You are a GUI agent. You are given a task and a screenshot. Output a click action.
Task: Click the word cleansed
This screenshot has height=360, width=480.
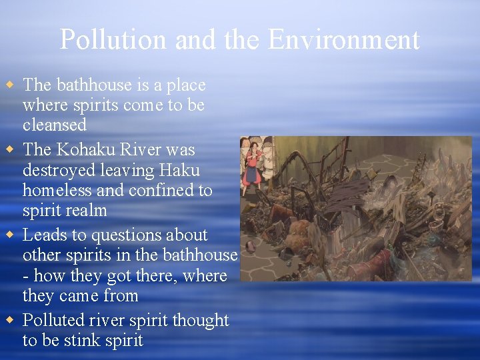point(54,125)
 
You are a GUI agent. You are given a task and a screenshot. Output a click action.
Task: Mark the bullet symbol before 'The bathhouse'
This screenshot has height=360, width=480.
point(9,86)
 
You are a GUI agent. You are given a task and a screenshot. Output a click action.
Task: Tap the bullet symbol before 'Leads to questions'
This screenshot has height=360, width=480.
point(9,235)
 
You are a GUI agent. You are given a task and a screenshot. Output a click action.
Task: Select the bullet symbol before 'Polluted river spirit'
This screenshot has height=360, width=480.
point(9,321)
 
